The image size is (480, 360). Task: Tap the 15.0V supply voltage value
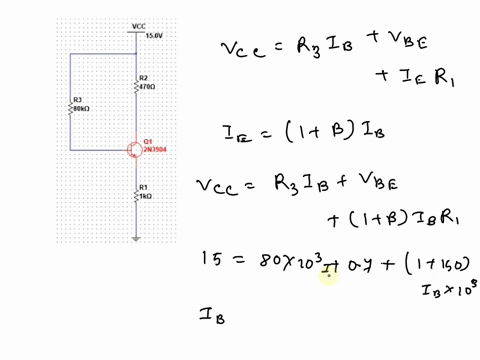153,35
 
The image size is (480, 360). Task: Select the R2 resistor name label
143,77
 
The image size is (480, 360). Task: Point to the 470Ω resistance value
146,85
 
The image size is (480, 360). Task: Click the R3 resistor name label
77,100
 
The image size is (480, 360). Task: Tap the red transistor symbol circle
134,149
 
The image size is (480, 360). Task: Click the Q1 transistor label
148,141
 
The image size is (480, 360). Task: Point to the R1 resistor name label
143,187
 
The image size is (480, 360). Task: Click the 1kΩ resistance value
144,195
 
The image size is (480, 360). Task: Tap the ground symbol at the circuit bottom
135,238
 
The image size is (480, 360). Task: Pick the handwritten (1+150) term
434,263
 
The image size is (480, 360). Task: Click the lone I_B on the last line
212,318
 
